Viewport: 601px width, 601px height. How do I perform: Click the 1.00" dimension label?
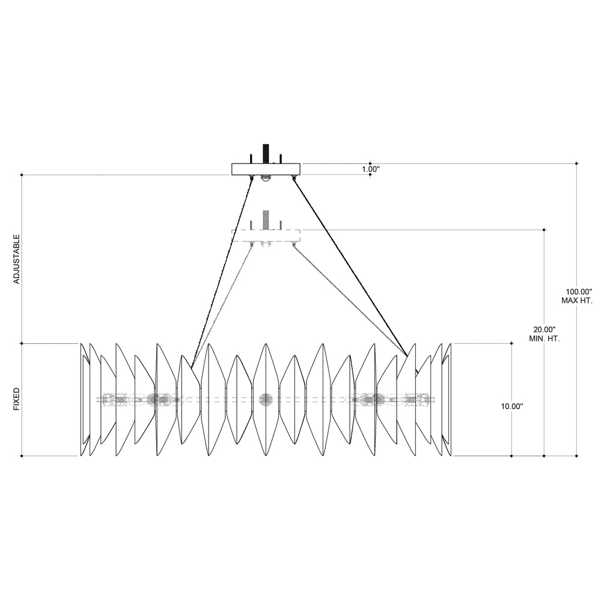(371, 169)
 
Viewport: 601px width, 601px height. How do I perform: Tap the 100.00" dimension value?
(579, 291)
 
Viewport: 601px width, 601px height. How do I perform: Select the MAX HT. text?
(577, 300)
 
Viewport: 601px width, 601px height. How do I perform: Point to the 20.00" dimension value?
(545, 329)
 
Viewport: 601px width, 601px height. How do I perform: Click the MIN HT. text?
(545, 339)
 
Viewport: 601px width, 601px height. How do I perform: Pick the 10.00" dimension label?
(512, 406)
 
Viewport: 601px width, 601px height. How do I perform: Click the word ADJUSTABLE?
(16, 259)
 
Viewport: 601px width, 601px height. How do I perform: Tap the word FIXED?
(16, 399)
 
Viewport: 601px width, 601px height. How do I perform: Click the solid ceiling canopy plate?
(266, 169)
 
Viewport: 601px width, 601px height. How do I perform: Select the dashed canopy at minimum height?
(266, 236)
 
